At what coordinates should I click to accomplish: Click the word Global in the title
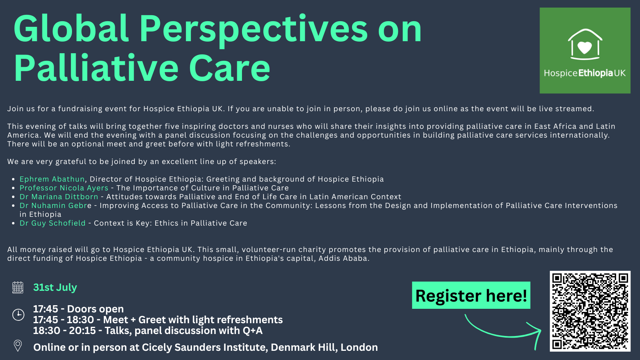pyautogui.click(x=71, y=28)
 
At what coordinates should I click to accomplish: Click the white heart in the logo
pyautogui.click(x=584, y=48)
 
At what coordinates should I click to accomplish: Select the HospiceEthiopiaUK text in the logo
pyautogui.click(x=585, y=73)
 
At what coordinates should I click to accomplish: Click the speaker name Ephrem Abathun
pyautogui.click(x=52, y=179)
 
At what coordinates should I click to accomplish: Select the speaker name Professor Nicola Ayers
pyautogui.click(x=64, y=188)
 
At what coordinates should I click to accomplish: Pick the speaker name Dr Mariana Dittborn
pyautogui.click(x=59, y=197)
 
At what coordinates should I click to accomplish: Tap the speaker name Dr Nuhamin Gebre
pyautogui.click(x=56, y=206)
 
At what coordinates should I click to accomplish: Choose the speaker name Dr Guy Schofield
pyautogui.click(x=52, y=223)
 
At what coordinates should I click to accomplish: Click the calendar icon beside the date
pyautogui.click(x=18, y=288)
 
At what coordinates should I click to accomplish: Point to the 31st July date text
pyautogui.click(x=55, y=287)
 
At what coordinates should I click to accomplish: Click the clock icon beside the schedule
pyautogui.click(x=18, y=314)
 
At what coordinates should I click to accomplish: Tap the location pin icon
pyautogui.click(x=18, y=346)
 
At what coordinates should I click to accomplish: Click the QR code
pyautogui.click(x=590, y=311)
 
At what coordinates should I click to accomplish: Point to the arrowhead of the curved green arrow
pyautogui.click(x=538, y=332)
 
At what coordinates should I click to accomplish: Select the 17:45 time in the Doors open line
pyautogui.click(x=46, y=309)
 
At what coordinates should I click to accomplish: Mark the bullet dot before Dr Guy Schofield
pyautogui.click(x=13, y=224)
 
